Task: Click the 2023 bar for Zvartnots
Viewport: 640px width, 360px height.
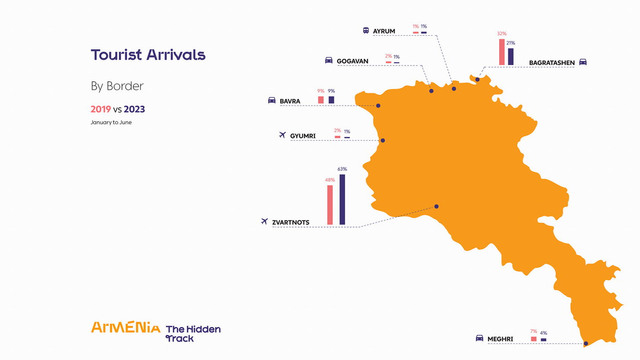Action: [x=342, y=199]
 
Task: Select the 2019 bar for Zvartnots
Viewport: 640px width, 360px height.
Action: [x=330, y=205]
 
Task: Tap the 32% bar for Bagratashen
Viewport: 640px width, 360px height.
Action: [x=501, y=52]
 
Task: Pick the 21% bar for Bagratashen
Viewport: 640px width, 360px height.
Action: [x=510, y=57]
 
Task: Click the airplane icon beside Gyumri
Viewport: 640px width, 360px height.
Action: [x=283, y=135]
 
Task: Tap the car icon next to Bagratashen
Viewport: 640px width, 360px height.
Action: [x=583, y=62]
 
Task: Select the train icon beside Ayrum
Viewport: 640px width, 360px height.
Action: [x=366, y=31]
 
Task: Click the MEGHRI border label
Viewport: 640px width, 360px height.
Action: [x=500, y=339]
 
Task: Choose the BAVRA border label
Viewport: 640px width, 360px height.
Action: [x=290, y=101]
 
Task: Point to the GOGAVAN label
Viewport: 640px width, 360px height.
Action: [x=353, y=61]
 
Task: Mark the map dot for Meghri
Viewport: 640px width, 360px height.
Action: [x=586, y=343]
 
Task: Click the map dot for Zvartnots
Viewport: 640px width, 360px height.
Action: [x=436, y=206]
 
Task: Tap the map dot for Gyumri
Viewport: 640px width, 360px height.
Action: [x=382, y=141]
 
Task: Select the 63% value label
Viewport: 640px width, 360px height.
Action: [x=342, y=169]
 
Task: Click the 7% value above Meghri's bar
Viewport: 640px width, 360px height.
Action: [x=533, y=332]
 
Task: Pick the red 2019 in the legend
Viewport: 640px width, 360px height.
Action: [x=101, y=109]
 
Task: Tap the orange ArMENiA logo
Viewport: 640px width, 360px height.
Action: [x=125, y=327]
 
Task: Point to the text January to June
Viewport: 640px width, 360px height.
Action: [x=111, y=123]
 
